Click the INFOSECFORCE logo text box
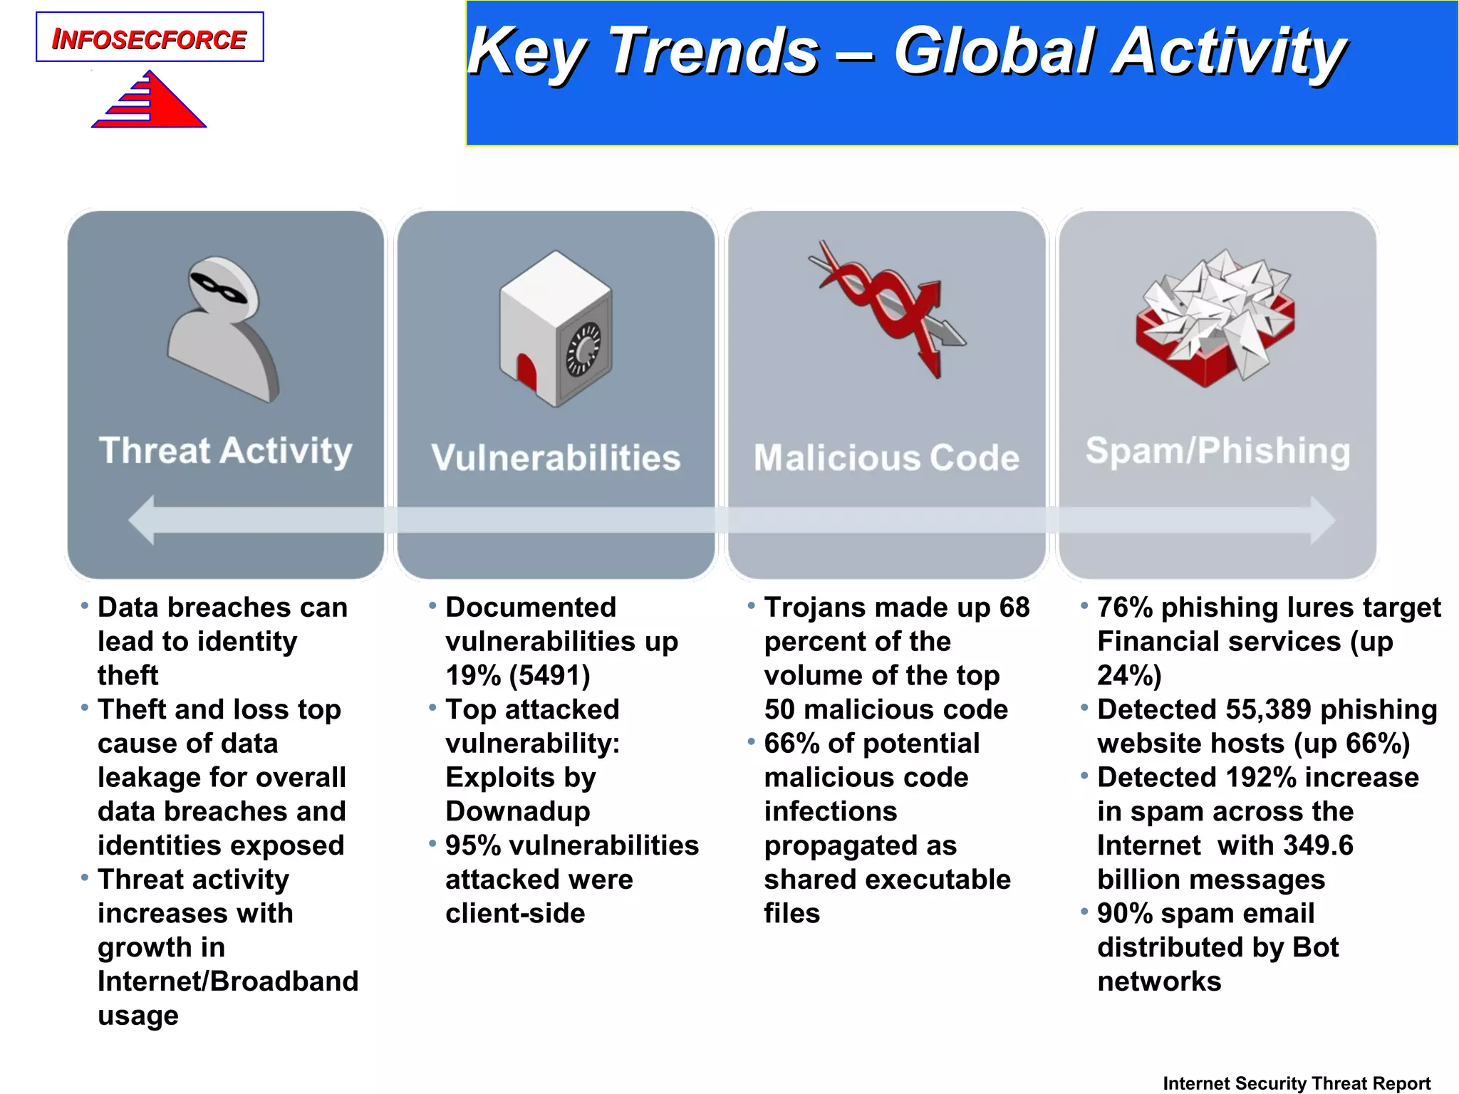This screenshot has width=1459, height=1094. click(x=150, y=37)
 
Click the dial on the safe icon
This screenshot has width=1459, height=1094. click(x=584, y=349)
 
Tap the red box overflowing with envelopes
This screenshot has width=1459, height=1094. click(x=1215, y=317)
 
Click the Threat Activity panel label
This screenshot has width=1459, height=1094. click(x=225, y=451)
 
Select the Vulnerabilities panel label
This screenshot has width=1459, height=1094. click(x=556, y=457)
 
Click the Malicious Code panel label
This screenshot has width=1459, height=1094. click(x=886, y=457)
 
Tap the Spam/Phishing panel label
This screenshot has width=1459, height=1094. click(x=1217, y=451)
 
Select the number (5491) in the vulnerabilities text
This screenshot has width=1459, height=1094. click(x=550, y=675)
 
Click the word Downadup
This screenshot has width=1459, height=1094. click(x=518, y=811)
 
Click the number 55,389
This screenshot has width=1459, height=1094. click(x=1268, y=709)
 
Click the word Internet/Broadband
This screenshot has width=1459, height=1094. click(x=228, y=981)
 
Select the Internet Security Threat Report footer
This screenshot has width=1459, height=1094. click(x=1297, y=1083)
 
